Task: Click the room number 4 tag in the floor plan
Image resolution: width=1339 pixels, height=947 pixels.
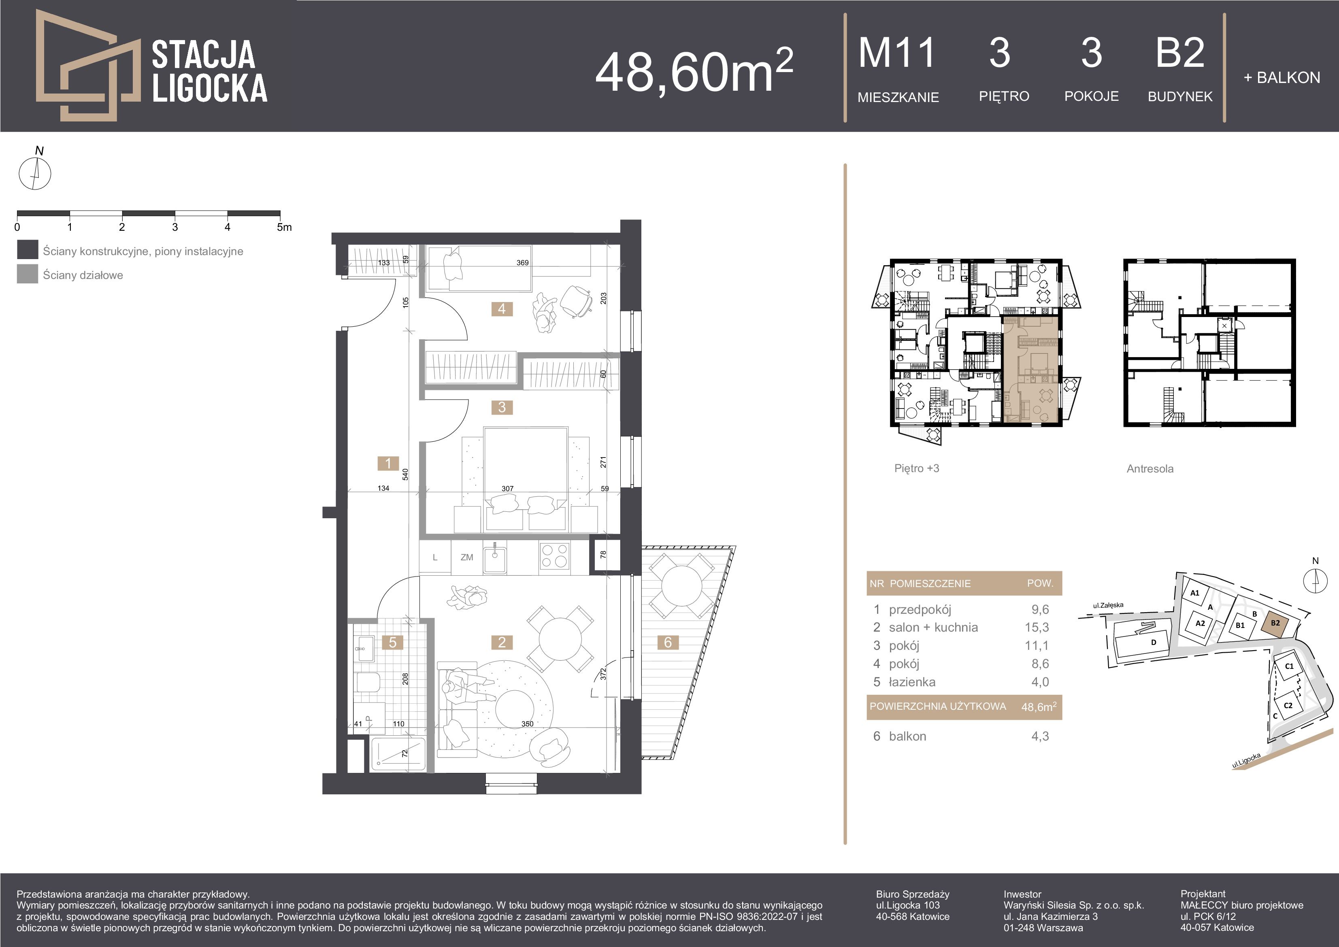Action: coord(502,309)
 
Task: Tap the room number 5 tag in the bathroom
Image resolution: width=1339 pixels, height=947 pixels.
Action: coord(392,643)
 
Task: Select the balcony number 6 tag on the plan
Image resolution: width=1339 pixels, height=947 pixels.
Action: coord(668,643)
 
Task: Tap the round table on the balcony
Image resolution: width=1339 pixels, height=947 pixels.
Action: coord(678,586)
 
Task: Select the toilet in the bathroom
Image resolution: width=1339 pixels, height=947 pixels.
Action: coord(367,683)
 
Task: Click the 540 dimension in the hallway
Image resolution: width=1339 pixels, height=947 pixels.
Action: coord(405,474)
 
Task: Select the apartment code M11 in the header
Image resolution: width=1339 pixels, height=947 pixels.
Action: coord(897,53)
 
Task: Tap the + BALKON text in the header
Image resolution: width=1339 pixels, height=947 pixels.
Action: coord(1282,78)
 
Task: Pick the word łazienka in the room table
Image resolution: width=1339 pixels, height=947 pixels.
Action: coord(912,682)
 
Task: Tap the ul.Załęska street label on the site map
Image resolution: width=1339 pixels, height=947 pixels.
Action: coord(1108,605)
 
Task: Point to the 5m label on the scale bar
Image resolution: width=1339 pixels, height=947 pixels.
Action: coord(285,227)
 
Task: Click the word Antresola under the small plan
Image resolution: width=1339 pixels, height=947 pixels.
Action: coord(1150,469)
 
